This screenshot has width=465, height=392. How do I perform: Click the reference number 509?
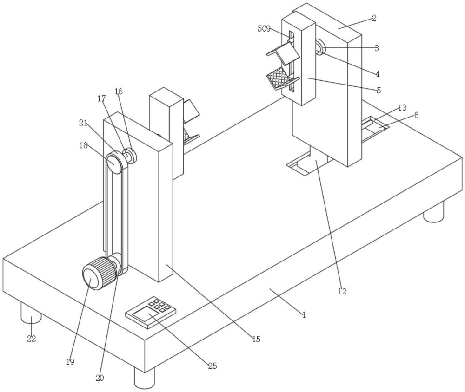(264, 28)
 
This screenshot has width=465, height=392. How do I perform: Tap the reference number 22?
(31, 339)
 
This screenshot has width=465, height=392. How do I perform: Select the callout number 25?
(212, 366)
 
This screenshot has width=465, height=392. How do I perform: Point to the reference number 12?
(343, 292)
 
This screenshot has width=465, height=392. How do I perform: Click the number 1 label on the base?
(304, 315)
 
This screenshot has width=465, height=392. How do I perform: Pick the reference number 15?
(256, 340)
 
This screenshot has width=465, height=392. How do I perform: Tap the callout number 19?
(70, 362)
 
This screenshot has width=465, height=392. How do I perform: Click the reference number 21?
(83, 123)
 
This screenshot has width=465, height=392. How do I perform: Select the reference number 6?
(416, 115)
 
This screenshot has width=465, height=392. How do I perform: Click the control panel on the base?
(152, 312)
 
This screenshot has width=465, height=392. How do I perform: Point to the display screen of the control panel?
(145, 316)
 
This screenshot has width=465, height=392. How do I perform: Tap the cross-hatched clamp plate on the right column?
(279, 78)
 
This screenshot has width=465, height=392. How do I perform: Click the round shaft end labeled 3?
(320, 47)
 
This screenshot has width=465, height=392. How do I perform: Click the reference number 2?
(374, 19)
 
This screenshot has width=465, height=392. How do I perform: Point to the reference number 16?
(119, 91)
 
